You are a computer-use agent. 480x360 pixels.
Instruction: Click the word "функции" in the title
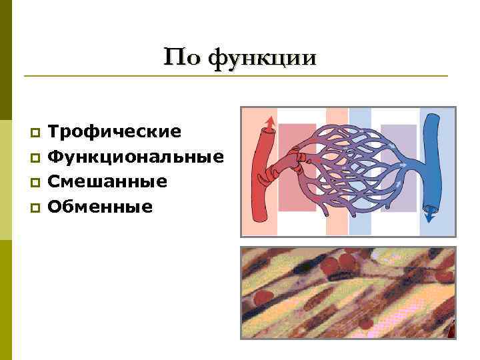(262, 58)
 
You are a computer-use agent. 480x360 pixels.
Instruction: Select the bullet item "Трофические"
(115, 131)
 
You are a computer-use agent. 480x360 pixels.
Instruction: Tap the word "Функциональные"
(136, 157)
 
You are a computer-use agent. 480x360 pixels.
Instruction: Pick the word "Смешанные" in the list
(107, 181)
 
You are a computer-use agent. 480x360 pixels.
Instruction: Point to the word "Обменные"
(101, 207)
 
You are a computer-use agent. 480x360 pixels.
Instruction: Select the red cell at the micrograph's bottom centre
(365, 324)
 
